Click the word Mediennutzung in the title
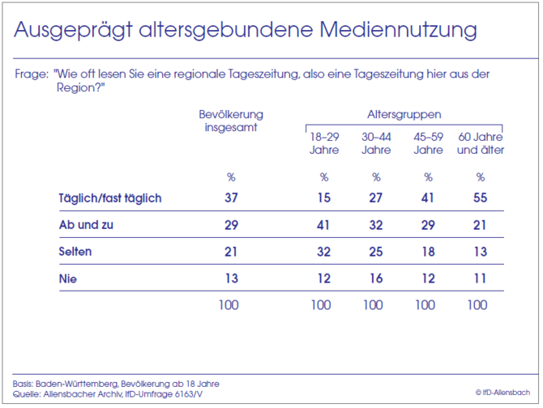[x=399, y=31]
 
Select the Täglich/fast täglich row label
[x=110, y=198]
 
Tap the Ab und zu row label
[x=86, y=225]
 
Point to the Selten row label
[x=75, y=252]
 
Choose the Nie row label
[x=68, y=278]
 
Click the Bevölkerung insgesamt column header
[x=231, y=121]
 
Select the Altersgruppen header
[x=404, y=115]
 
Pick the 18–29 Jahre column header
[x=323, y=143]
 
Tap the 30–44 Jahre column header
[x=376, y=143]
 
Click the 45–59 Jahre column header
[x=428, y=143]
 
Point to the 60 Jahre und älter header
[x=480, y=143]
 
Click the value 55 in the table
[x=480, y=198]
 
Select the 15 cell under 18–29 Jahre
[x=323, y=198]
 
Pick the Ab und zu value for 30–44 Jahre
[x=376, y=225]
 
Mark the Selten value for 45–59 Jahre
[x=428, y=252]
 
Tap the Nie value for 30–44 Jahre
[x=376, y=278]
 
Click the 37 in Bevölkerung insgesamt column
[x=231, y=198]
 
